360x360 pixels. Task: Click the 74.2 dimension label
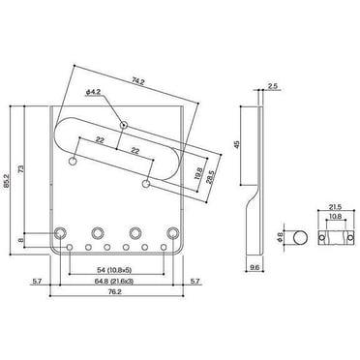click(137, 81)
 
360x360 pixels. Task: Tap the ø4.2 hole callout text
click(94, 92)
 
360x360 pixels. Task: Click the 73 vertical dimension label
click(20, 168)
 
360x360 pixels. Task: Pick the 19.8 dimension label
click(198, 173)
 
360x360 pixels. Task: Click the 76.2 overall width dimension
click(117, 291)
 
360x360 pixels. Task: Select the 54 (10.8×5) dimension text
click(116, 270)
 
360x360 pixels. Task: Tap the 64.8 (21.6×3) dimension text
click(114, 282)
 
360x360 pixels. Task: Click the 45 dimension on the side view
click(237, 144)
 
